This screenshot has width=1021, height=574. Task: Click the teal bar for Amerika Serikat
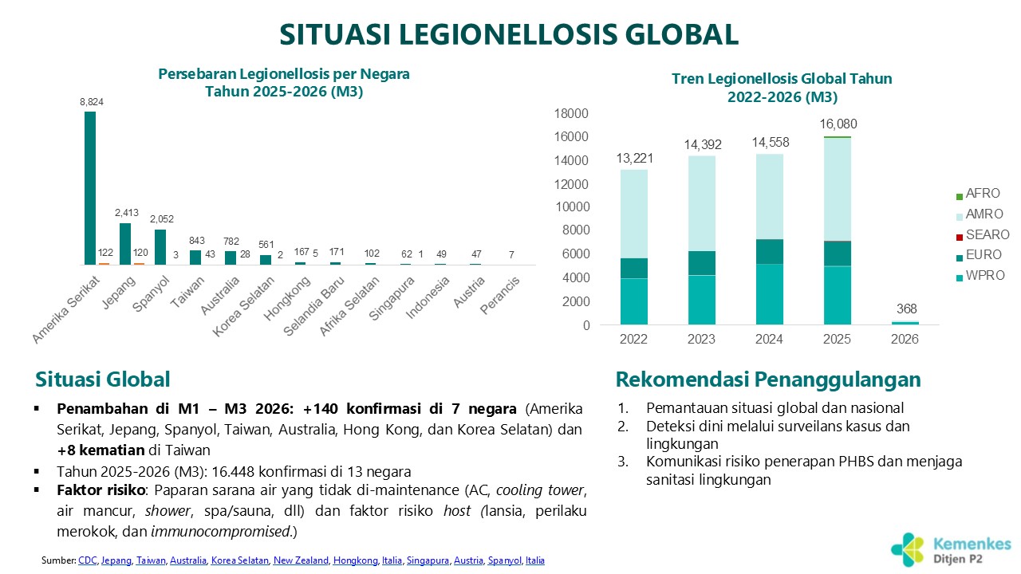[x=90, y=188]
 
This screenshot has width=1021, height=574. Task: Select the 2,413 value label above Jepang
[x=125, y=213]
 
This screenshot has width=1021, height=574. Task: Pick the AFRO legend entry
[x=976, y=194]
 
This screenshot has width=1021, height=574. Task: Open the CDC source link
[x=87, y=560]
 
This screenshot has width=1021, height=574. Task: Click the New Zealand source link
[x=301, y=560]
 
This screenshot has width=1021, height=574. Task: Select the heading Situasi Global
[x=102, y=379]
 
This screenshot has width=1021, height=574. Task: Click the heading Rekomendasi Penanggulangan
[x=768, y=379]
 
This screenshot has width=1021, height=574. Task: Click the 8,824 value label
[x=92, y=102]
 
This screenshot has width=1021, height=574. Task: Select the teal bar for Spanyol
[x=160, y=247]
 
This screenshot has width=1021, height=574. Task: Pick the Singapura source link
[x=428, y=560]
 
